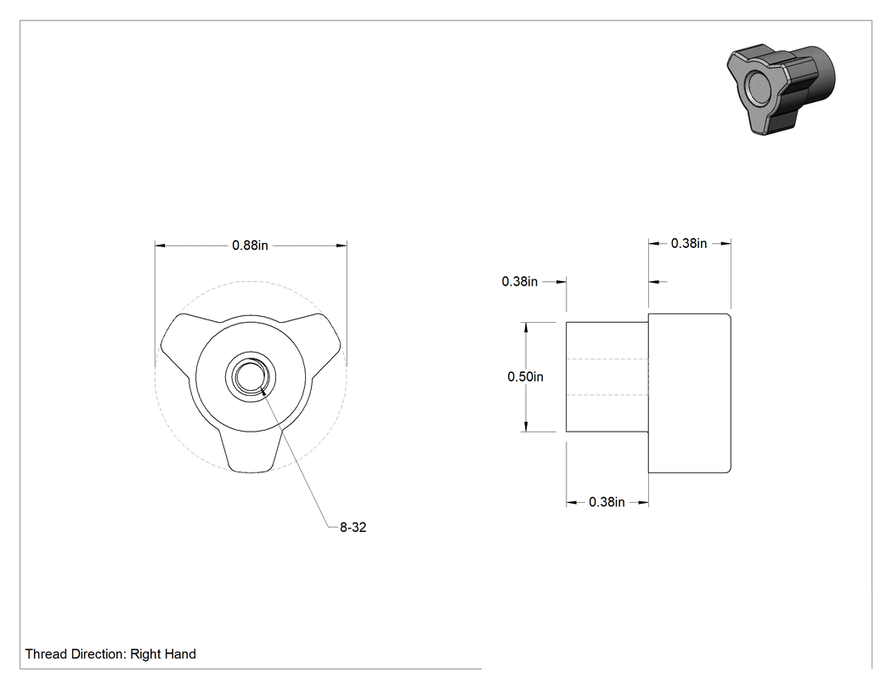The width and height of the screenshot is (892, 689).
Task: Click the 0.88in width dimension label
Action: click(250, 246)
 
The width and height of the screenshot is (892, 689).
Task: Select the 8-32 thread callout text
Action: click(353, 528)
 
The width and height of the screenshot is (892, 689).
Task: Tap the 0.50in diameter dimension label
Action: click(525, 376)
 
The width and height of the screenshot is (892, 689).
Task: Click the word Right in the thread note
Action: click(145, 654)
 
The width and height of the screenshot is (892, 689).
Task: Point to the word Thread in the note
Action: click(46, 654)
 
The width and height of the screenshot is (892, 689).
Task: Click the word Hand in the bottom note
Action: click(180, 654)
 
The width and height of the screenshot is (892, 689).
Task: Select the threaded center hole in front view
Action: click(251, 376)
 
